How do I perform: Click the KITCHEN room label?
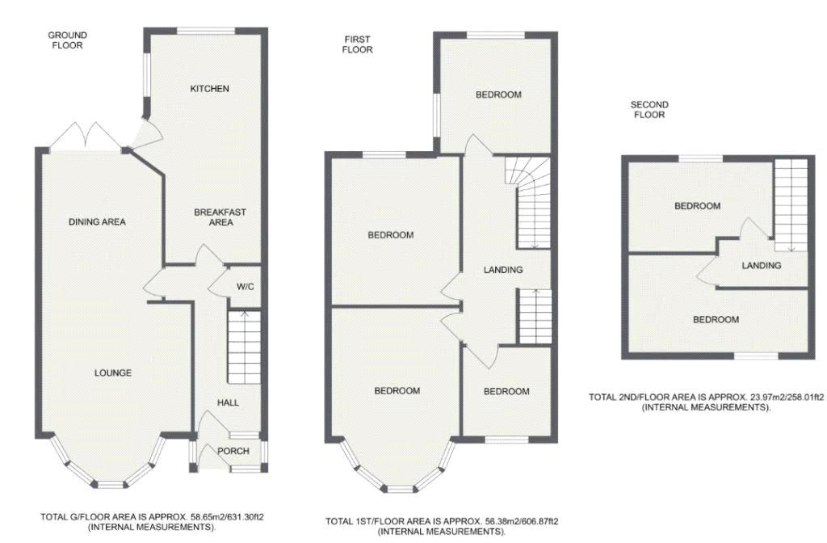[x=209, y=89]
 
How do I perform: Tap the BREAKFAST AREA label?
[x=220, y=217]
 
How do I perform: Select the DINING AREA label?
[x=97, y=221]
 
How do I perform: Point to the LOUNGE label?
[x=113, y=373]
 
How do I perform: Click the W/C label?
[x=246, y=287]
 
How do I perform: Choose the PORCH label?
[x=233, y=451]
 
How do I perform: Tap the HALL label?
[x=228, y=402]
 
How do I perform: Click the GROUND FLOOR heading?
[x=68, y=40]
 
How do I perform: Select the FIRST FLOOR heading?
[x=358, y=44]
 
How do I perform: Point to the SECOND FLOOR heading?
[x=649, y=110]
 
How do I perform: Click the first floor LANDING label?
[x=503, y=270]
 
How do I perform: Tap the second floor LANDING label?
[x=761, y=265]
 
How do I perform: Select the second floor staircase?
[x=791, y=206]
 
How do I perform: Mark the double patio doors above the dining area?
[x=88, y=137]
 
